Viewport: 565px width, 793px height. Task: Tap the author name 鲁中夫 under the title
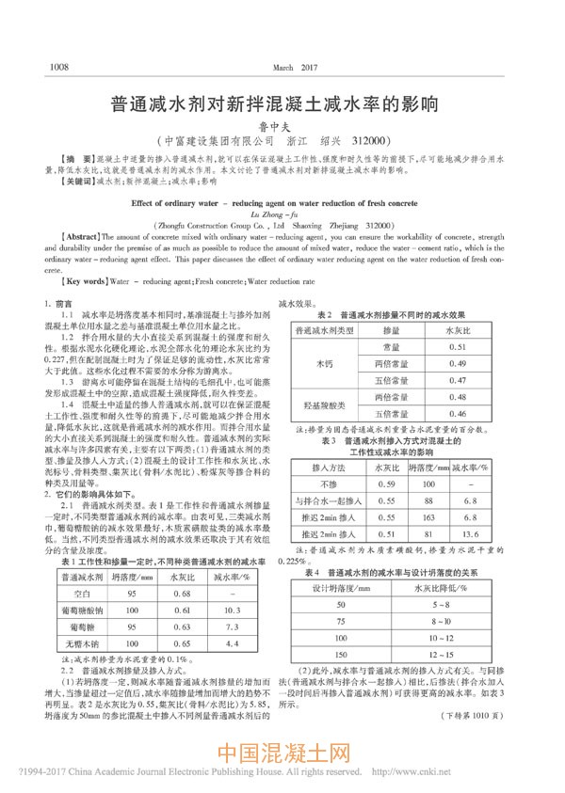click(282, 121)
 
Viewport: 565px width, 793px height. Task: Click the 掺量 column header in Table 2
click(391, 331)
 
